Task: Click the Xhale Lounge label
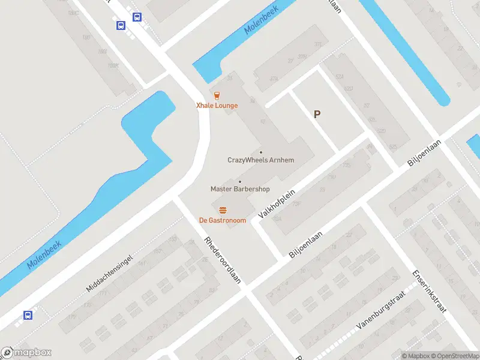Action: (x=217, y=106)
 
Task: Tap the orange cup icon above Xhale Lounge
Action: (x=217, y=95)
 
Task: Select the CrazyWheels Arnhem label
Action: (x=261, y=160)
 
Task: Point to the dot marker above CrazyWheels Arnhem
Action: (x=260, y=152)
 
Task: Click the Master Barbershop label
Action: (x=240, y=189)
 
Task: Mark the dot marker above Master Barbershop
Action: (x=240, y=181)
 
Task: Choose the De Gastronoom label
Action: (x=223, y=220)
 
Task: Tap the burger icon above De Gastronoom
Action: (x=223, y=209)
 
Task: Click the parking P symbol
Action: (x=317, y=115)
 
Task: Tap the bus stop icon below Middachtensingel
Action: (x=28, y=315)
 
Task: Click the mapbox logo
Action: (x=26, y=353)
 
